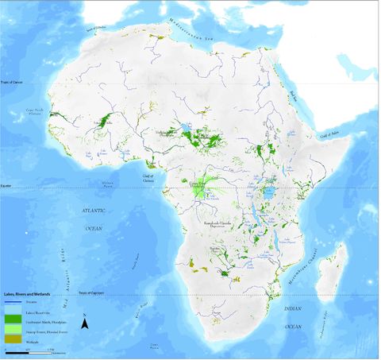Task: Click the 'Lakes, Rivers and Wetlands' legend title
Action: [29, 294]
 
